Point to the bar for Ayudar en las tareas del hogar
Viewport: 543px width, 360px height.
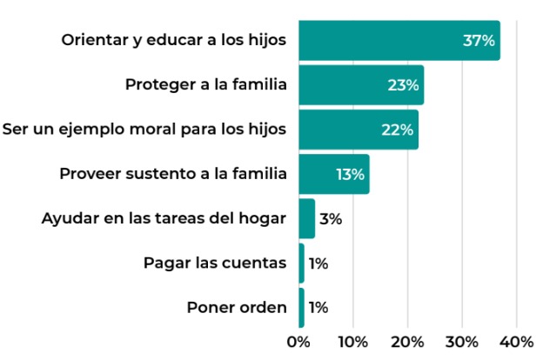coord(306,218)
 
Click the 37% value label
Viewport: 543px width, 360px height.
coord(479,41)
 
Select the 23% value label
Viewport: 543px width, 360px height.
coord(403,85)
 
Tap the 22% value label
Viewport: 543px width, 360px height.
coord(398,130)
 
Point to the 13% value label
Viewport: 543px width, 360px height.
coord(350,174)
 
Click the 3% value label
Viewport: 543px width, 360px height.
coord(331,219)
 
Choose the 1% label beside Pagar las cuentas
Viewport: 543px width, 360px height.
coord(318,263)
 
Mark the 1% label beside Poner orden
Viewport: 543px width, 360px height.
coord(318,308)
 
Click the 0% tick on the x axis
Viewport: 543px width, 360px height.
coord(299,341)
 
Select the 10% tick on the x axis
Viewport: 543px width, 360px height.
coord(353,341)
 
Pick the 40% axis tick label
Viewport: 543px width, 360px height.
coord(518,341)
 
